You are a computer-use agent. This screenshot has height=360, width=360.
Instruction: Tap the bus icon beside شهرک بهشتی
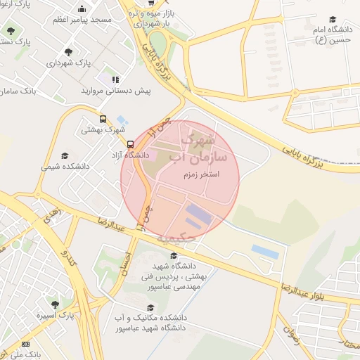[103, 120]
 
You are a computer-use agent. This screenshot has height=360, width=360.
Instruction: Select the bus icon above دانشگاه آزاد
[130, 143]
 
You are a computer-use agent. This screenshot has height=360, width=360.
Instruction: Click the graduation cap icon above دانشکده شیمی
[65, 155]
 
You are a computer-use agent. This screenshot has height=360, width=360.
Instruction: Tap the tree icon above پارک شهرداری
[68, 52]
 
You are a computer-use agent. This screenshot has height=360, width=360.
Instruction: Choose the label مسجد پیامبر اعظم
[83, 20]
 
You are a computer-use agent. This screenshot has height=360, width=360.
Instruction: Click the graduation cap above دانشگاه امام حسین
[333, 19]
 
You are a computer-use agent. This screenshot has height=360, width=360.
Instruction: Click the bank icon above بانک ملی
[26, 345]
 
